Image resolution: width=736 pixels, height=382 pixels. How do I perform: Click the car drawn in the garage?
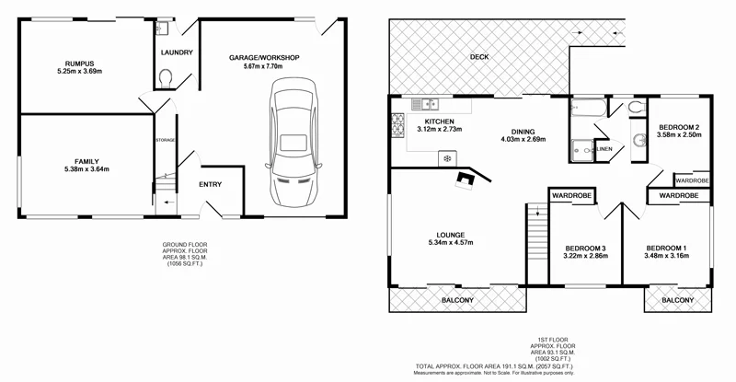293,145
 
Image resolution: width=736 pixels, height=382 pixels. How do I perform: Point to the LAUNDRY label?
176,52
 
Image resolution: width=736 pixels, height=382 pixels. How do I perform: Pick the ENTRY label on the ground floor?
211,185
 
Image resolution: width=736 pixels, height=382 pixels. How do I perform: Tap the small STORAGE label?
165,140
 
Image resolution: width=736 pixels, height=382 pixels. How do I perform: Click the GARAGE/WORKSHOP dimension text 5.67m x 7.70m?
265,66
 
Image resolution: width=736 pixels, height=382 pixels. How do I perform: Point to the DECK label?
478,57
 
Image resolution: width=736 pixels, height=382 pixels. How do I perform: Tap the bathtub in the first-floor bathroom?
585,110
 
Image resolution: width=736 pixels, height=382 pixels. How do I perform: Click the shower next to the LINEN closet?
581,148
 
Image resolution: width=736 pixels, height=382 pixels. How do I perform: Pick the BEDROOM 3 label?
584,249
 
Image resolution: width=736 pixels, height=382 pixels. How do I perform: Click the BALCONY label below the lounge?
457,301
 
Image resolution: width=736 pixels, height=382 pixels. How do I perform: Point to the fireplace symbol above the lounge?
471,179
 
